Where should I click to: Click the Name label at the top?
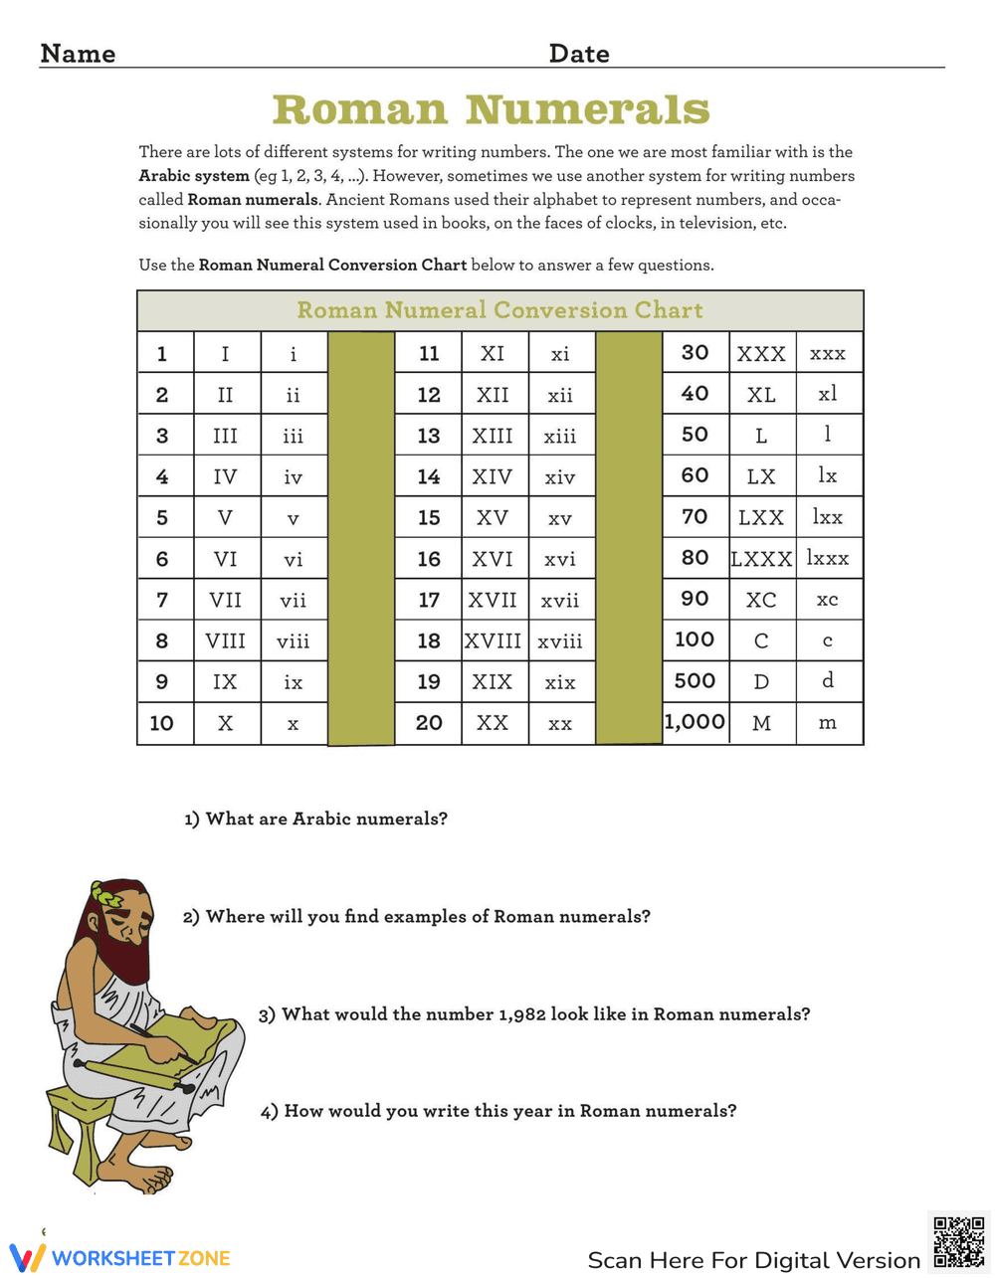point(78,54)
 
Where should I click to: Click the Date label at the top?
point(579,54)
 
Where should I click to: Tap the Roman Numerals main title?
point(491,109)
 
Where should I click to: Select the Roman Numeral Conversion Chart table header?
point(499,310)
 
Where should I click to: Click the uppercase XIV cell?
point(493,476)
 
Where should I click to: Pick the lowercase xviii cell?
point(560,641)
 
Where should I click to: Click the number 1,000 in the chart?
point(695,722)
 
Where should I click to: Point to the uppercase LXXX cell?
point(761,559)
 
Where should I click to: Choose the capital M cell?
point(761,723)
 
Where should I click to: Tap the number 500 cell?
point(695,681)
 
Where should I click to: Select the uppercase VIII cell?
point(226,640)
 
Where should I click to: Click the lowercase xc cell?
point(828,600)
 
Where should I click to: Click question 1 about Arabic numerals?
point(315,819)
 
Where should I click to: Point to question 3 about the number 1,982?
point(534,1014)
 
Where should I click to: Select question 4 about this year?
point(498,1111)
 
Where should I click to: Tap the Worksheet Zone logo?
point(120,1257)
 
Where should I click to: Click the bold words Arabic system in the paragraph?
point(194,176)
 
